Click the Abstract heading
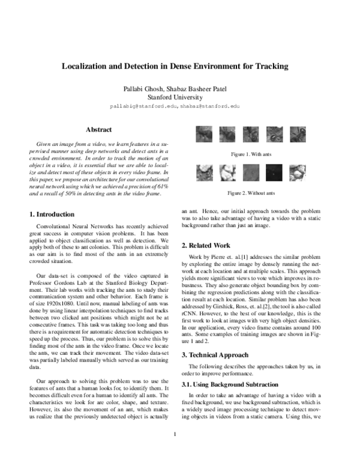click(x=98, y=129)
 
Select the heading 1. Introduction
click(x=52, y=214)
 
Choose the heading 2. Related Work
click(x=206, y=246)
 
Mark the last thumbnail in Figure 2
click(x=296, y=174)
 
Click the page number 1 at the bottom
click(x=175, y=451)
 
